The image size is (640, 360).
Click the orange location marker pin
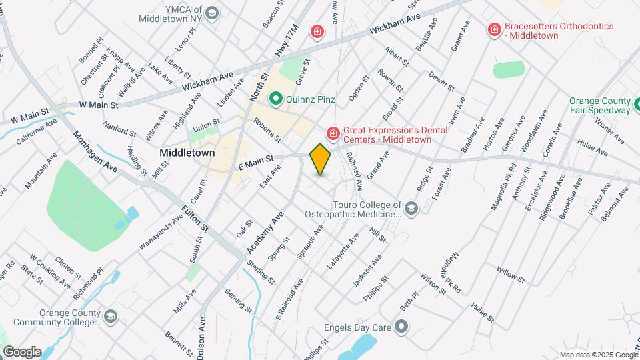320,159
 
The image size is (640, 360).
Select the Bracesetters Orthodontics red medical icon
494,29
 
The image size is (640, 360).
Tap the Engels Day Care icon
401,327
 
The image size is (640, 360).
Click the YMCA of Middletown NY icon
212,13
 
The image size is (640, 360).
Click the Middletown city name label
187,153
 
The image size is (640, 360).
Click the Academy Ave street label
265,231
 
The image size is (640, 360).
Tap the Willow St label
510,272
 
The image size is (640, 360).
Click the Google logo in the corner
22,351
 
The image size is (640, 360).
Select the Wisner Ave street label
609,130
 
